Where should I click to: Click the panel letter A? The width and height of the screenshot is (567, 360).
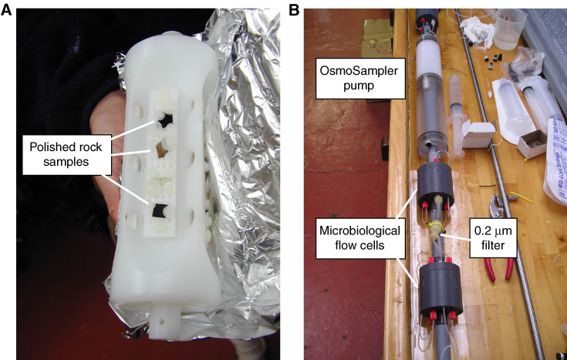click(x=6, y=10)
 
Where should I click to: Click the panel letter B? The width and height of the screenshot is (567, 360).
click(x=294, y=10)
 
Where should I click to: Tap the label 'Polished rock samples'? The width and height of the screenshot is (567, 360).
click(x=66, y=154)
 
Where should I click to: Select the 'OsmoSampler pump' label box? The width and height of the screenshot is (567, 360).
click(x=359, y=78)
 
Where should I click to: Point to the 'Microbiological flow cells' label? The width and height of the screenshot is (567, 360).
click(x=359, y=238)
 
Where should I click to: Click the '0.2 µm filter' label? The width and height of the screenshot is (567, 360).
click(x=493, y=238)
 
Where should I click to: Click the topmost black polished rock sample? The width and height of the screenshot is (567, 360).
click(x=165, y=119)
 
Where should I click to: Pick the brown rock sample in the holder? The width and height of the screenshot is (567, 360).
click(x=161, y=149)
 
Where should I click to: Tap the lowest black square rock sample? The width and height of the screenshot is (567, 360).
click(x=160, y=210)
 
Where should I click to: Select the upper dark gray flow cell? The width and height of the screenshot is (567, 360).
click(x=435, y=185)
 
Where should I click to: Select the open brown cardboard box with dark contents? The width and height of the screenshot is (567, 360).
click(x=532, y=144)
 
